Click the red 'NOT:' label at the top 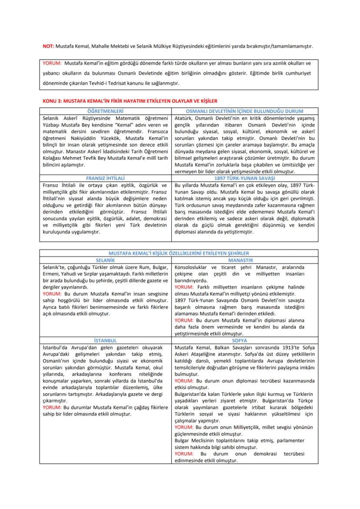point(47,46)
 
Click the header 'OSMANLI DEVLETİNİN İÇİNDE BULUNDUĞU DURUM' point(245,111)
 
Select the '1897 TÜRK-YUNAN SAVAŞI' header point(245,178)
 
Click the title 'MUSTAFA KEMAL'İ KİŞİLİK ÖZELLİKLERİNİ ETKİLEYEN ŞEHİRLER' point(179,253)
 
